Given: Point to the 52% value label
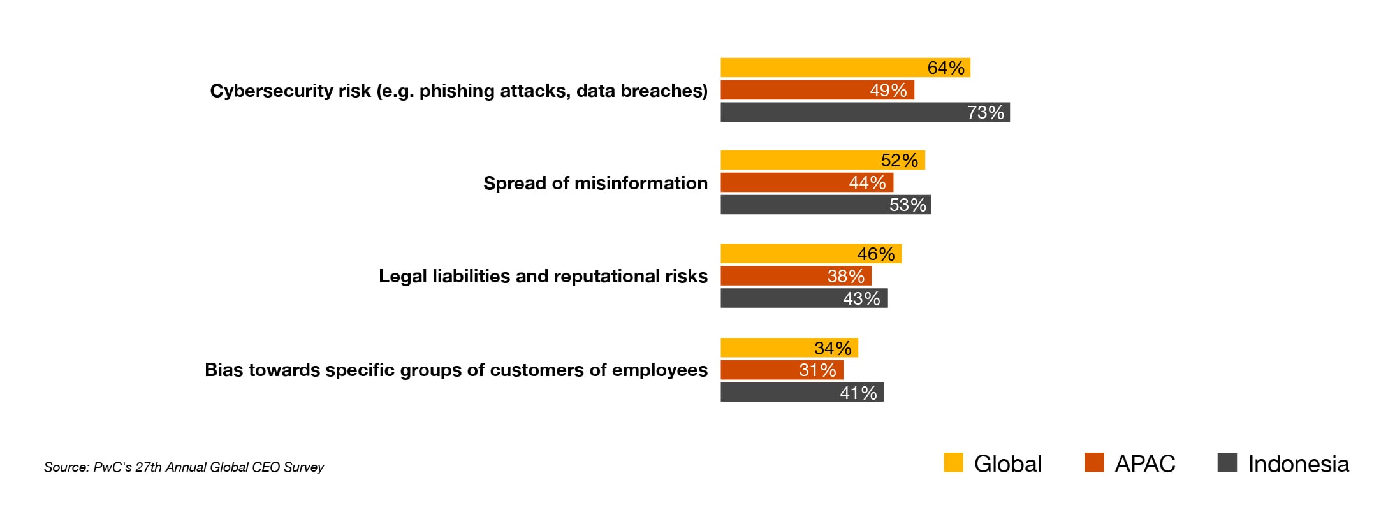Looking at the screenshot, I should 899,160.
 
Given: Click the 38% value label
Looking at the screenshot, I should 845,276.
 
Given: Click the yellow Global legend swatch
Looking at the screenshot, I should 953,462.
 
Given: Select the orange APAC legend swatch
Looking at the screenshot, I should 1094,462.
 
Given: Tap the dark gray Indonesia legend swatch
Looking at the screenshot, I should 1227,462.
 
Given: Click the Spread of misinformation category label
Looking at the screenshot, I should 595,183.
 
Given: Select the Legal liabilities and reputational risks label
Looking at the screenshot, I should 543,276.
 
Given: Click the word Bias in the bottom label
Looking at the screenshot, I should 224,370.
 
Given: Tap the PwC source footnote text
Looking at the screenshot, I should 184,467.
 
